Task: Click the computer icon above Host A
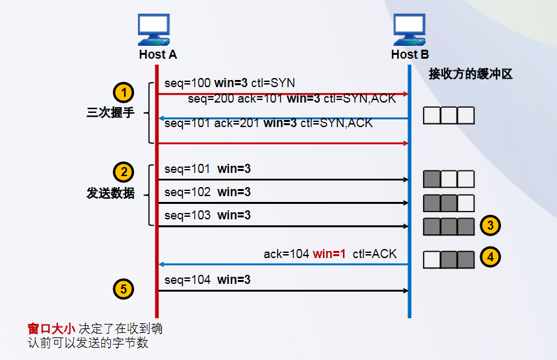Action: pos(157,30)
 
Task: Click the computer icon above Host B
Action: pos(409,30)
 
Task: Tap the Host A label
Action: pos(157,55)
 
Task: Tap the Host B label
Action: pos(409,55)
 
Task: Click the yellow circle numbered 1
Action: pos(123,91)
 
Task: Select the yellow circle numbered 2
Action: pos(123,172)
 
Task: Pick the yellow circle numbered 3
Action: pos(491,225)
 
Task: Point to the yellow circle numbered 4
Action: pos(491,257)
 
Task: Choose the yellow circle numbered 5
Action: pos(123,288)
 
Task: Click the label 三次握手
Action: pos(111,112)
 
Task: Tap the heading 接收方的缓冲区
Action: pos(471,74)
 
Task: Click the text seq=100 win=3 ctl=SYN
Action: pos(230,83)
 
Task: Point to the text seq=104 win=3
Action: pos(207,280)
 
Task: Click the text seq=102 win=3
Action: pos(207,192)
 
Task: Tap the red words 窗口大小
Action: pos(51,328)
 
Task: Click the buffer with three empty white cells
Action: pos(449,115)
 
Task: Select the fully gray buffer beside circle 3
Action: pos(449,226)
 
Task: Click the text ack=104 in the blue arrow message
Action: pos(286,254)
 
